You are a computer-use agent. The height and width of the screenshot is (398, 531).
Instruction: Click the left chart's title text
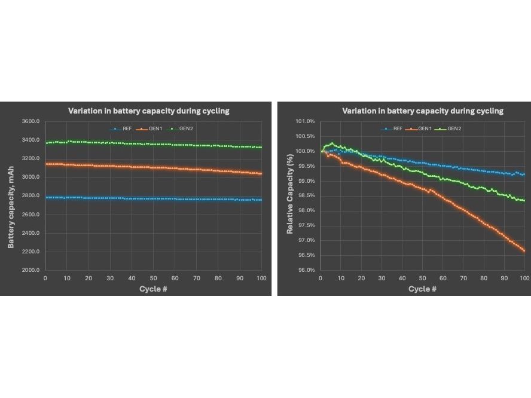pyautogui.click(x=148, y=111)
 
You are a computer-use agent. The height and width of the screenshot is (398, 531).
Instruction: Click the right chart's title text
pyautogui.click(x=422, y=111)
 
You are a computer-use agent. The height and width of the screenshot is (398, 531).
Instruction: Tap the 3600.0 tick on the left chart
pyautogui.click(x=30, y=121)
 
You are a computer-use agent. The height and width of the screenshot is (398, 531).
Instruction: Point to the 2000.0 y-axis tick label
pyautogui.click(x=30, y=270)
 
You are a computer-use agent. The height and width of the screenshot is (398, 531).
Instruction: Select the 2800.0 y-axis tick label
pyautogui.click(x=30, y=196)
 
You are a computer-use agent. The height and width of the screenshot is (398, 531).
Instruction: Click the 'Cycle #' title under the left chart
pyautogui.click(x=148, y=289)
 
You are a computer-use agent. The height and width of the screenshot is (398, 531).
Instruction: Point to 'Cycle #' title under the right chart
pyautogui.click(x=422, y=289)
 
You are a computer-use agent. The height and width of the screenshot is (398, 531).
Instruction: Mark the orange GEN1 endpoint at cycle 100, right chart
pyautogui.click(x=524, y=251)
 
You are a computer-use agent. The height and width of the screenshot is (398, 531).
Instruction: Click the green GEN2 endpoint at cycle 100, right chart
pyautogui.click(x=524, y=201)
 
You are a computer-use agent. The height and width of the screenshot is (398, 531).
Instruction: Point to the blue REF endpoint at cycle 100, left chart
pyautogui.click(x=261, y=200)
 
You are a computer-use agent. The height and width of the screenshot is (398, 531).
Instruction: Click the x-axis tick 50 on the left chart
pyautogui.click(x=153, y=278)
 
